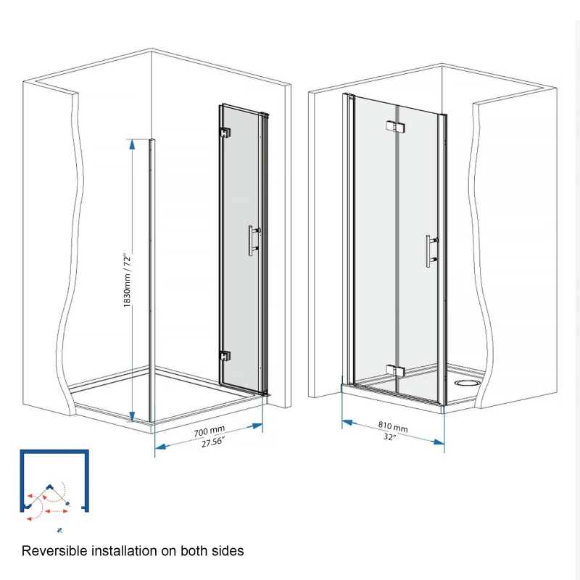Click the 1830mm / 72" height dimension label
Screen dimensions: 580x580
127,281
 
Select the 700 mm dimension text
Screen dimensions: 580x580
210,432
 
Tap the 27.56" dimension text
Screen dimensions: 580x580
211,444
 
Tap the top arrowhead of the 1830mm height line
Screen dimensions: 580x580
132,144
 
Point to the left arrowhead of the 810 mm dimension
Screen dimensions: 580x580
346,422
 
